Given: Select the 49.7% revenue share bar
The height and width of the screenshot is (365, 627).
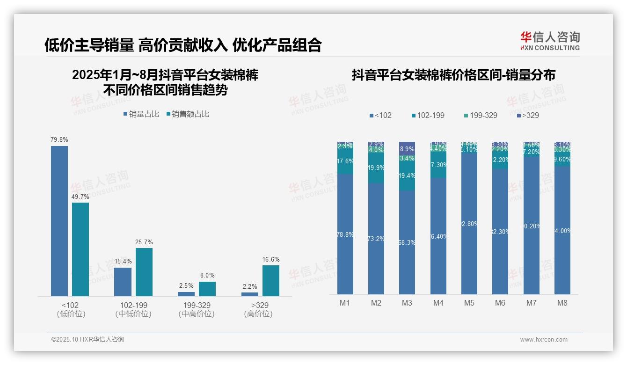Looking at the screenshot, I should pyautogui.click(x=80, y=249).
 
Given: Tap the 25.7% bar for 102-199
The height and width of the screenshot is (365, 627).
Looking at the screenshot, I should pyautogui.click(x=144, y=272).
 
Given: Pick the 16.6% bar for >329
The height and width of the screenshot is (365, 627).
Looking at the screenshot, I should pyautogui.click(x=271, y=281).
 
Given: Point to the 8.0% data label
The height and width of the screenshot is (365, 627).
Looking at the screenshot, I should pyautogui.click(x=207, y=276).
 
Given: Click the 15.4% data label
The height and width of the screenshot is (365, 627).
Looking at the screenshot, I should pyautogui.click(x=123, y=261).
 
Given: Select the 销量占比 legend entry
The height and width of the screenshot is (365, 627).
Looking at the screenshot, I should pyautogui.click(x=141, y=114).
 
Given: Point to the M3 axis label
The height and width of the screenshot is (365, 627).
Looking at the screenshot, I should pyautogui.click(x=407, y=303).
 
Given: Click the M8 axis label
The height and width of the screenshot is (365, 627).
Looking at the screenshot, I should pyautogui.click(x=562, y=303).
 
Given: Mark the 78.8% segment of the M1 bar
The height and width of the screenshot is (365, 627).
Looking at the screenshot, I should pyautogui.click(x=345, y=234).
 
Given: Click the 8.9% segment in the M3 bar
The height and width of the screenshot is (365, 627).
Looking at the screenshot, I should pyautogui.click(x=407, y=148).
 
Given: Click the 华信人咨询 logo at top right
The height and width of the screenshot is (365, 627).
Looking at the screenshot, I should pyautogui.click(x=550, y=41).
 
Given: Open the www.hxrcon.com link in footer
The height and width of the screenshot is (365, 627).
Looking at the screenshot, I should pyautogui.click(x=544, y=340).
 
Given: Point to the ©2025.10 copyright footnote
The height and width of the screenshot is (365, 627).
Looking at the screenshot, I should pyautogui.click(x=87, y=340).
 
